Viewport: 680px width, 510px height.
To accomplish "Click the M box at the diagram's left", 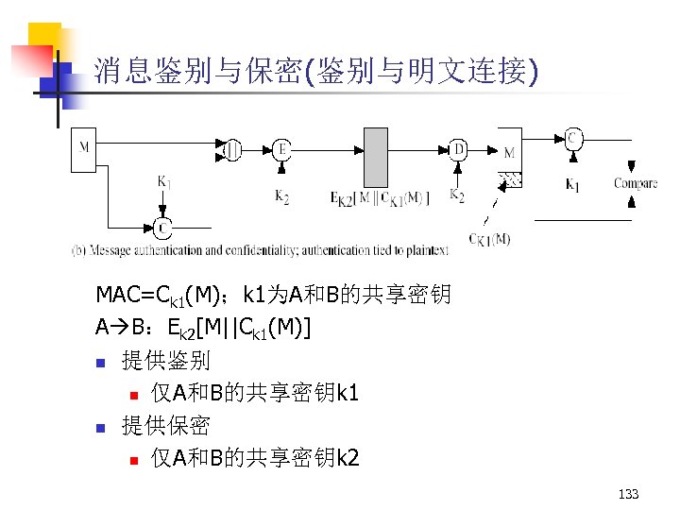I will point(85,148).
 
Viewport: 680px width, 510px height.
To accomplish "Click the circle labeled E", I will point(281,149).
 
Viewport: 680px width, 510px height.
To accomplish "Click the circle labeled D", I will point(458,149).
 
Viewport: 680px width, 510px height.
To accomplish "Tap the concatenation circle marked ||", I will point(231,148).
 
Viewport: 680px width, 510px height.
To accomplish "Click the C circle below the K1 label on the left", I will point(162,227).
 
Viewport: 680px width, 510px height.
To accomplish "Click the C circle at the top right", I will point(572,138).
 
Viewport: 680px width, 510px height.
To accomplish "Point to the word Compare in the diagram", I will point(635,183).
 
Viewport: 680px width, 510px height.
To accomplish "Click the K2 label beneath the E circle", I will point(281,195).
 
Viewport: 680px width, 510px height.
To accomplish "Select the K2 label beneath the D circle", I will point(457,195).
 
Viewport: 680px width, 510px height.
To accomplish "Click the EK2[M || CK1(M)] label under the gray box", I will point(380,197).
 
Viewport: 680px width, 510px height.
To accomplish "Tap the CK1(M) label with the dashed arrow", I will point(489,238).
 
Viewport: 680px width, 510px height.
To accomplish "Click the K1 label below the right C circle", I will point(572,185).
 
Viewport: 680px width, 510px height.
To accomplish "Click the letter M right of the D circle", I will point(509,152).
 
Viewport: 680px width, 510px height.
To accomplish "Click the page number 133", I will point(627,494).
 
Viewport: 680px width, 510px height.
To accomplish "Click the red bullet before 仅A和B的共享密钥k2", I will point(135,460).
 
